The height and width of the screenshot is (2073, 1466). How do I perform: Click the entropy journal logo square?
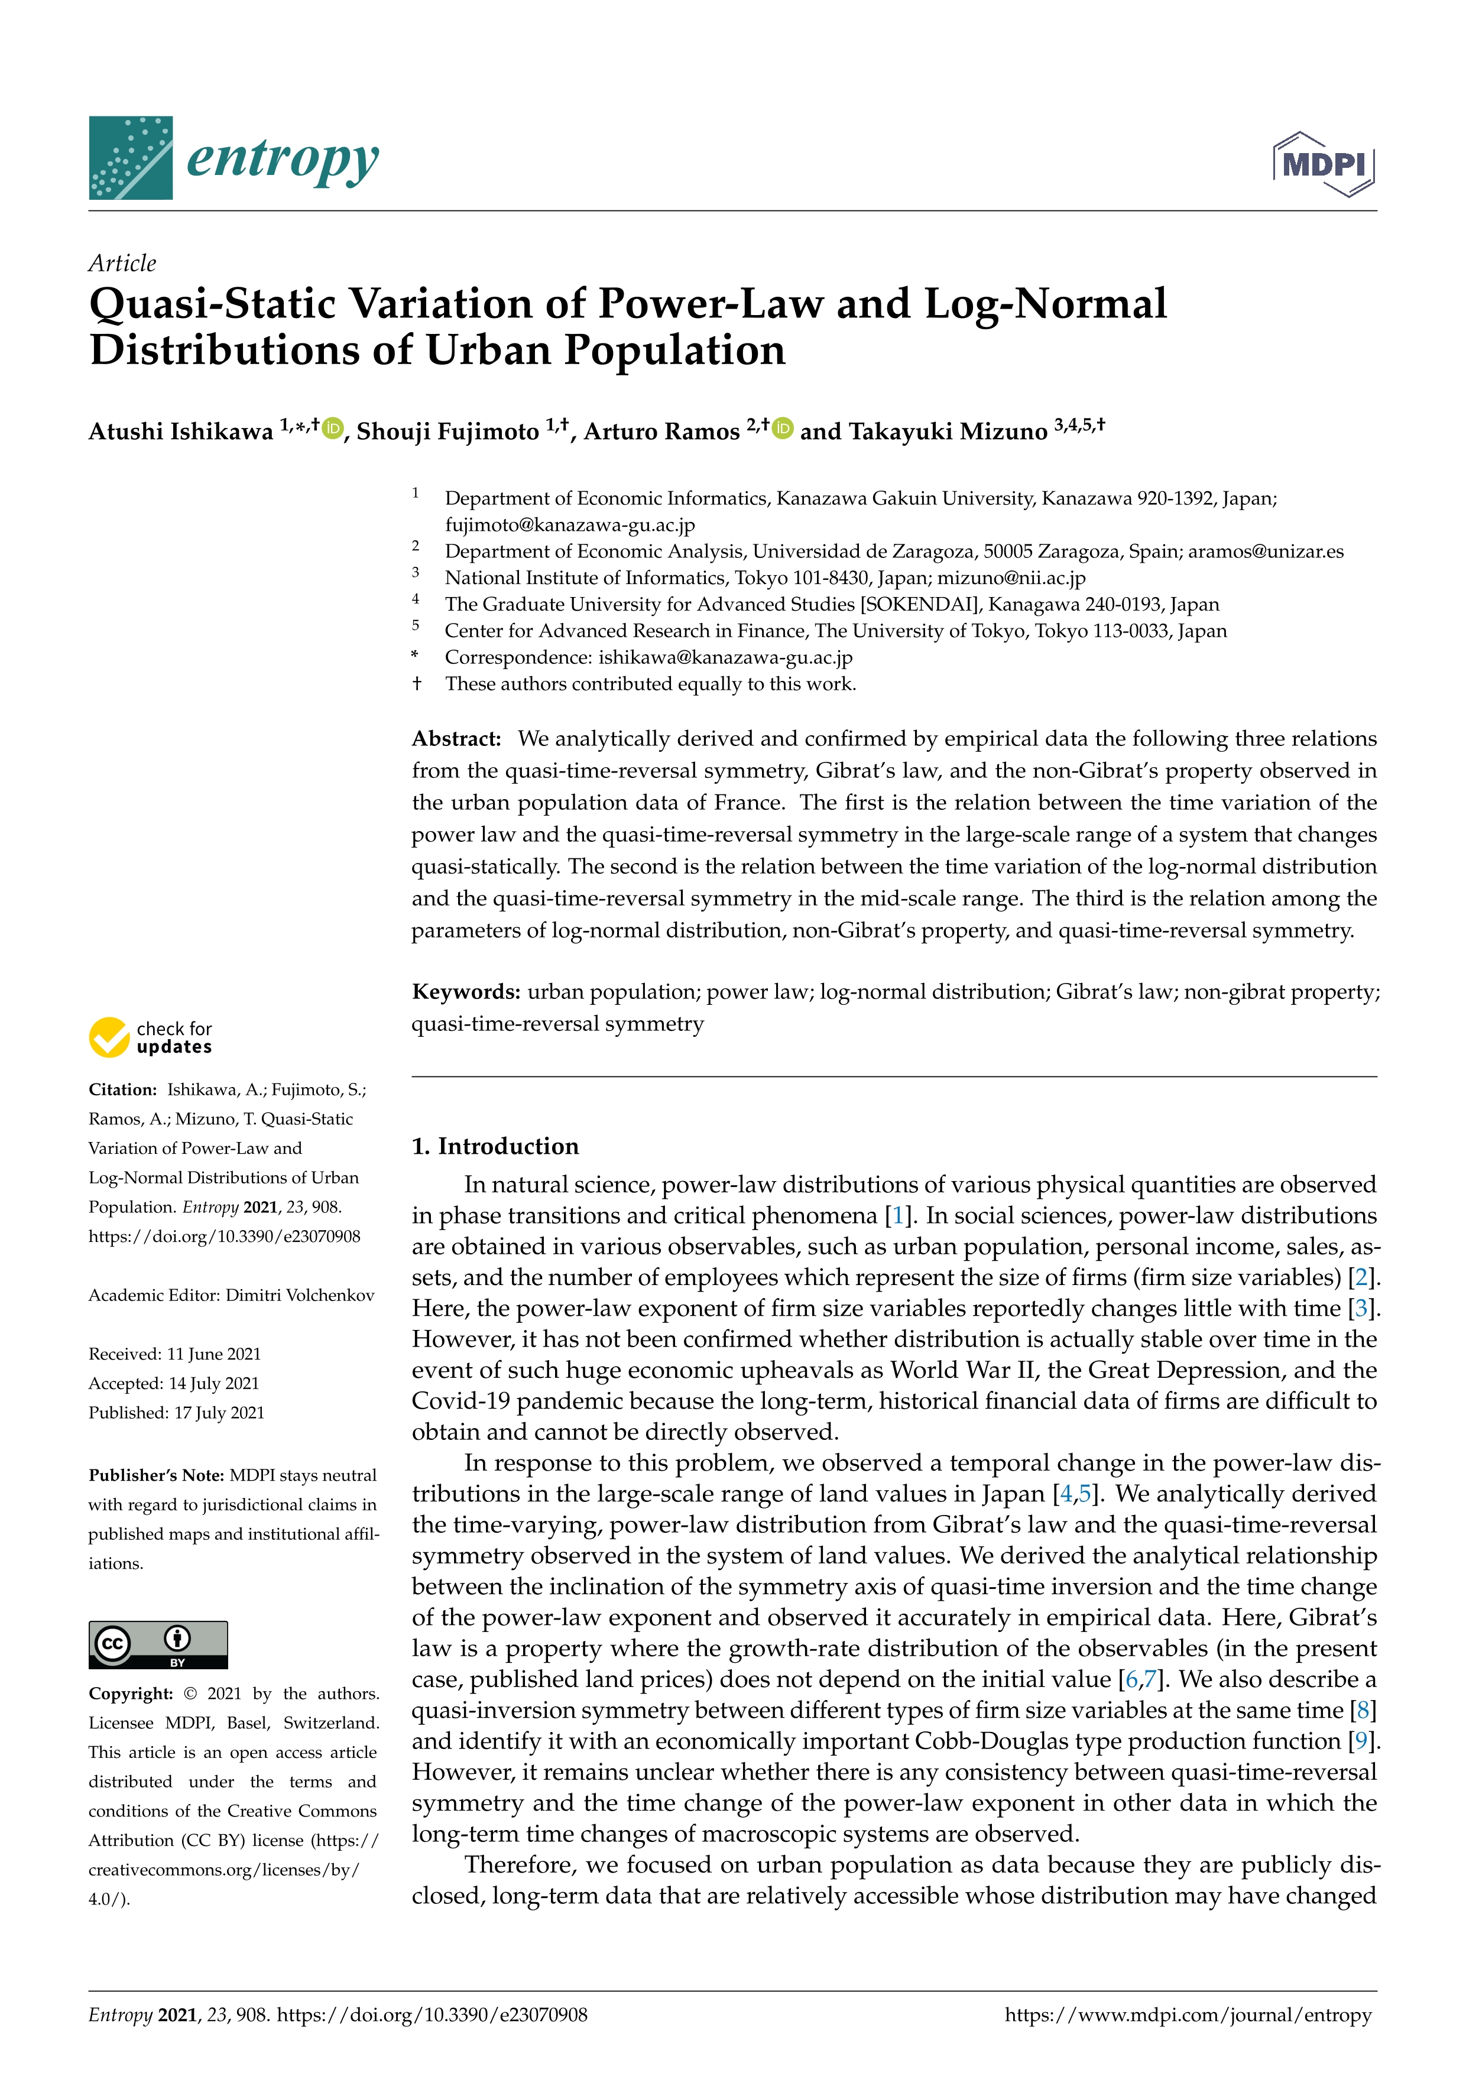pyautogui.click(x=131, y=158)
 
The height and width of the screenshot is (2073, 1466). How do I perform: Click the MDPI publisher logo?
pyautogui.click(x=1324, y=164)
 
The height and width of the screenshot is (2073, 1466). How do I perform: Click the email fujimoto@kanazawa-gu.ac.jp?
pyautogui.click(x=570, y=524)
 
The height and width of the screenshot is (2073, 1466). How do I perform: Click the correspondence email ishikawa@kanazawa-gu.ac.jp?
pyautogui.click(x=725, y=657)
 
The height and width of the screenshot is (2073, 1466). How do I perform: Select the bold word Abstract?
pyautogui.click(x=457, y=738)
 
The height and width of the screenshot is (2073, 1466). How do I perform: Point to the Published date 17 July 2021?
pyautogui.click(x=219, y=1412)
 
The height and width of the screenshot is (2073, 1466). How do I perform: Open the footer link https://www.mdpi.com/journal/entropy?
pyautogui.click(x=1188, y=2014)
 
